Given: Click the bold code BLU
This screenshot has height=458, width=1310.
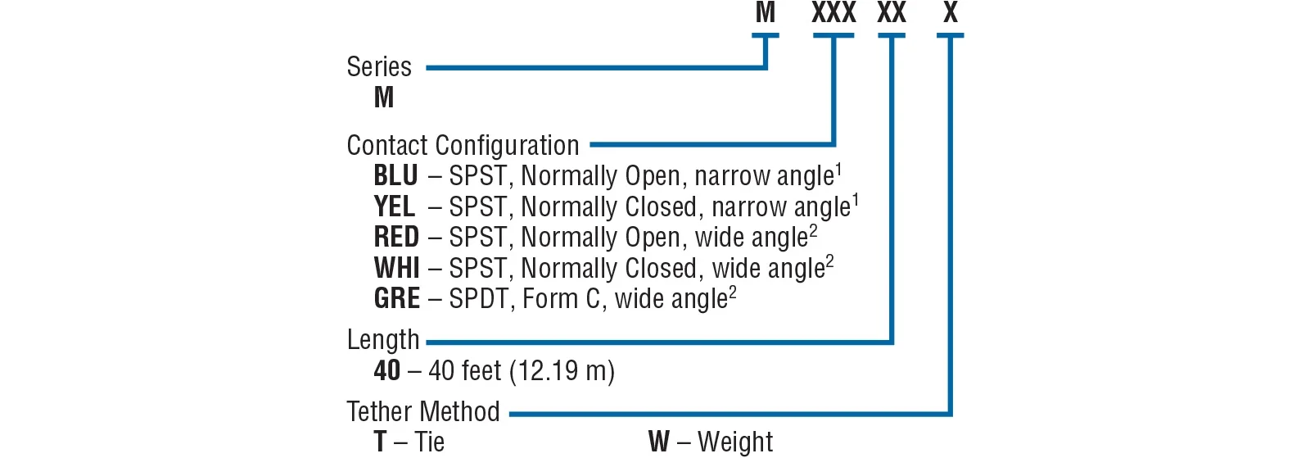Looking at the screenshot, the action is pyautogui.click(x=395, y=176).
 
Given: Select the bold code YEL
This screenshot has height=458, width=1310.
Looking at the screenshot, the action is pyautogui.click(x=394, y=206).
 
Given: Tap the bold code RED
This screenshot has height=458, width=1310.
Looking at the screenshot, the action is pyautogui.click(x=396, y=238).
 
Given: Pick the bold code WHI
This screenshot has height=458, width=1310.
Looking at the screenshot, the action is pyautogui.click(x=396, y=268).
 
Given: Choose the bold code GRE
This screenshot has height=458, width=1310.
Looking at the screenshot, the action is pyautogui.click(x=397, y=299).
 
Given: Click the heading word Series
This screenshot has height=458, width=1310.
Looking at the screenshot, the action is pyautogui.click(x=379, y=67).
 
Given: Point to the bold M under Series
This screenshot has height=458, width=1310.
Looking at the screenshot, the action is pyautogui.click(x=384, y=98).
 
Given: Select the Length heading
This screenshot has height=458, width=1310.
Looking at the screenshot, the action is pyautogui.click(x=383, y=340).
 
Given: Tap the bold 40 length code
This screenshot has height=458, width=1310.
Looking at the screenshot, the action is pyautogui.click(x=387, y=371).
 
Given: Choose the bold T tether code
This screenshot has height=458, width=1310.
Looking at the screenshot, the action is pyautogui.click(x=380, y=442).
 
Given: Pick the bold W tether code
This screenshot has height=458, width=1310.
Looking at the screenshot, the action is pyautogui.click(x=659, y=442).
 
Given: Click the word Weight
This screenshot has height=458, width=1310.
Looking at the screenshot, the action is pyautogui.click(x=735, y=442).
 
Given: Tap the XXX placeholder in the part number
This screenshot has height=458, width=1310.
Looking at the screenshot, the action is pyautogui.click(x=833, y=13).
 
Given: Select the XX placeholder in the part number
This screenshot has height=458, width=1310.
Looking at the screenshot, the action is pyautogui.click(x=892, y=13).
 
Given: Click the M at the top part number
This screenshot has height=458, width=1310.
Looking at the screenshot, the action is pyautogui.click(x=766, y=13).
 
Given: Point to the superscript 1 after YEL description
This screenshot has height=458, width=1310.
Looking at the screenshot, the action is pyautogui.click(x=855, y=199).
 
